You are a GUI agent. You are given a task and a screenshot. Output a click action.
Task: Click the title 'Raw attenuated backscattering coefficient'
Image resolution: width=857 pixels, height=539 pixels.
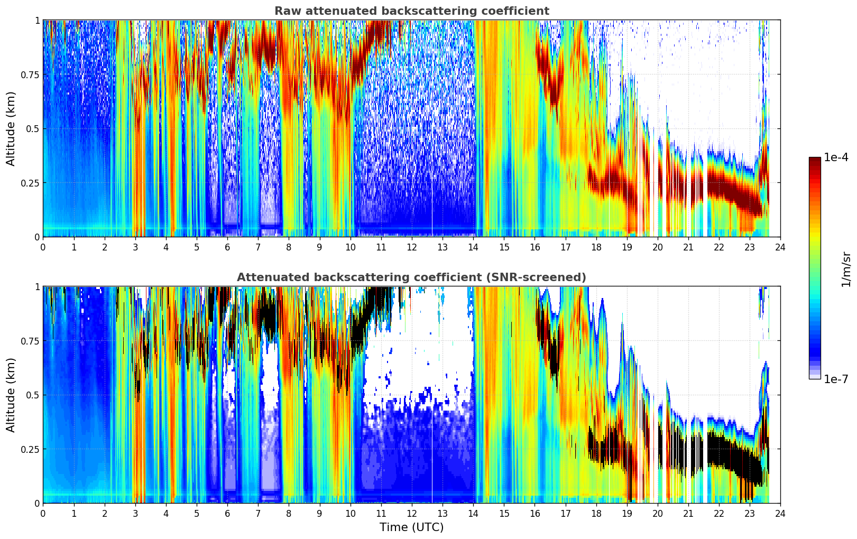[x=411, y=11]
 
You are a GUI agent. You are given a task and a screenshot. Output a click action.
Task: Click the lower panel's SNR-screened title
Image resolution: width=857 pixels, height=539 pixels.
[x=411, y=277]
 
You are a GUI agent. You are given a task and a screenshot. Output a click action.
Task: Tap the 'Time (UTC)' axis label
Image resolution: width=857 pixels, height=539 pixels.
[x=411, y=527]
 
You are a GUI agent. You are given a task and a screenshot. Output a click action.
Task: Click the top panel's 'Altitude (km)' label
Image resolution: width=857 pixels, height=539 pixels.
[x=11, y=128]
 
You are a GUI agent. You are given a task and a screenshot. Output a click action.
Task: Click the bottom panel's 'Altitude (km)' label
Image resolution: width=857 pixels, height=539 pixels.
[x=11, y=395]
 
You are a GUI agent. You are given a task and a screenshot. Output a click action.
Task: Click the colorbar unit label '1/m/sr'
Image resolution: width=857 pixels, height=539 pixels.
[x=846, y=269]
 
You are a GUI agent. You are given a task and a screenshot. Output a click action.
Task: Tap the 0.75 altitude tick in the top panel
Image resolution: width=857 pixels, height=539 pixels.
[x=30, y=75]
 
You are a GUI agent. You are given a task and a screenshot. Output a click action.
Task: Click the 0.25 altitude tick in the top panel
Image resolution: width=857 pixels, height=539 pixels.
[x=30, y=183]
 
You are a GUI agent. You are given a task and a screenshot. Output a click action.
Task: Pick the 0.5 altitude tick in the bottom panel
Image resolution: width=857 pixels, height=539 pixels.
[x=33, y=395]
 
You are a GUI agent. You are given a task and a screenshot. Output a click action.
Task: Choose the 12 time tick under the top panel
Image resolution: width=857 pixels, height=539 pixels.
[x=411, y=247]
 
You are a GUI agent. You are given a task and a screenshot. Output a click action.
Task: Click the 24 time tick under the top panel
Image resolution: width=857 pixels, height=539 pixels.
[x=780, y=247]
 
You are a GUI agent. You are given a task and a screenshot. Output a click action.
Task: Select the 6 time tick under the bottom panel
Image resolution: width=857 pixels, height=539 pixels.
[x=227, y=513]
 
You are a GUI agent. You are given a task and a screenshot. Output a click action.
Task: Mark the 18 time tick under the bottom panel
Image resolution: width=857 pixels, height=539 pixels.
[x=596, y=513]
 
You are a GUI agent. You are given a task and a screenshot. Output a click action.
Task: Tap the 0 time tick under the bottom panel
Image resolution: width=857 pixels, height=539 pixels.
[x=43, y=513]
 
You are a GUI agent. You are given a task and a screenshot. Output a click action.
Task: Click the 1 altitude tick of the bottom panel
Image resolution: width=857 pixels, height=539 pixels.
[x=37, y=287]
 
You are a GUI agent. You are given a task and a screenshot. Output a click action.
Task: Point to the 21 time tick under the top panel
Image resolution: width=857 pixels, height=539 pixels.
[x=688, y=247]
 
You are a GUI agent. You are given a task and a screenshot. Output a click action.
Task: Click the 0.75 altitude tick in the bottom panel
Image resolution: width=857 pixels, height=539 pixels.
[x=30, y=341]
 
